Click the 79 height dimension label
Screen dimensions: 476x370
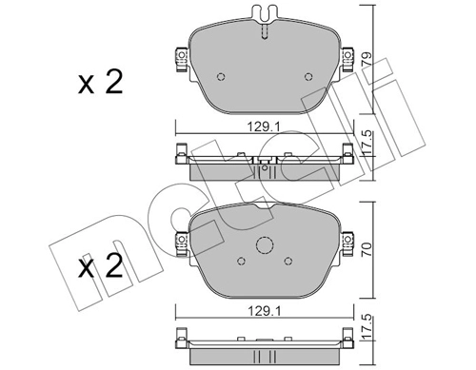[367, 58]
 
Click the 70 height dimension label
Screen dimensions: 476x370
[367, 250]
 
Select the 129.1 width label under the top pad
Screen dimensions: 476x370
[264, 127]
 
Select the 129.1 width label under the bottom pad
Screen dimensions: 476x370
[264, 311]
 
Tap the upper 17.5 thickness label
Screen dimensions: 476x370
[367, 144]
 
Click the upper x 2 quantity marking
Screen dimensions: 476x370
[100, 83]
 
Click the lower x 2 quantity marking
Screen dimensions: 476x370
[100, 266]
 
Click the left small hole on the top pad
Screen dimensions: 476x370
[221, 77]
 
